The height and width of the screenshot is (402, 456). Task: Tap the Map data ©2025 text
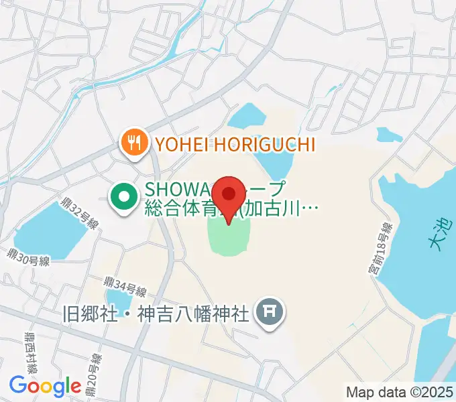[398, 391]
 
